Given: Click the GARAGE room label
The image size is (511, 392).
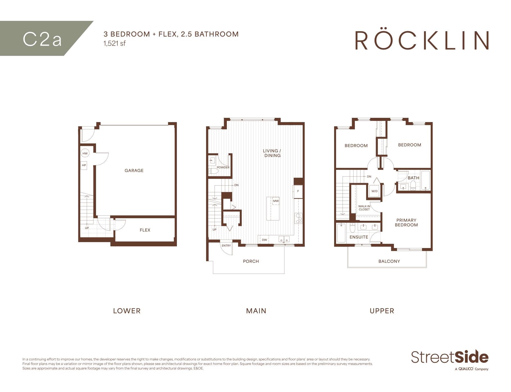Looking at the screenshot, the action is click(x=134, y=170).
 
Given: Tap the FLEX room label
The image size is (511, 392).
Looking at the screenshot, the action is click(x=145, y=230).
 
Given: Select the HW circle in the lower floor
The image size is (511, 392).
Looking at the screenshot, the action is click(x=85, y=154).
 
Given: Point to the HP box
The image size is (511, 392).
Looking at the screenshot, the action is click(x=84, y=165).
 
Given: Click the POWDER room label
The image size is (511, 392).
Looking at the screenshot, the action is click(x=223, y=167).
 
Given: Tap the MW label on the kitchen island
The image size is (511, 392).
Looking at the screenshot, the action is click(x=276, y=201).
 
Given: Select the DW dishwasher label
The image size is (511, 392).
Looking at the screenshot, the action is click(x=264, y=240).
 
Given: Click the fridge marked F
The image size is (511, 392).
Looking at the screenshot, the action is click(x=298, y=191).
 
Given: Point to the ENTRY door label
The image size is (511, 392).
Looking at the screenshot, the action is click(x=226, y=245).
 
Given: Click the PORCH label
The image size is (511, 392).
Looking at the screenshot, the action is click(x=251, y=261).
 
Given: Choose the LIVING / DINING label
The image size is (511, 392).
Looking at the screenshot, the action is click(x=272, y=153).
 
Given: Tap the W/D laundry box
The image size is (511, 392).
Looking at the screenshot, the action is click(x=375, y=191).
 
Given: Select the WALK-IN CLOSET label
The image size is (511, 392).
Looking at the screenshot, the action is click(x=364, y=208).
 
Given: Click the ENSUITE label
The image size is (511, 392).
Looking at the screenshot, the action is click(x=359, y=237).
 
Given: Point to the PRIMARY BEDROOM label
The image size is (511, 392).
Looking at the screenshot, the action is click(x=406, y=222).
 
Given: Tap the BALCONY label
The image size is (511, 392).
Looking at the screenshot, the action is click(x=389, y=261).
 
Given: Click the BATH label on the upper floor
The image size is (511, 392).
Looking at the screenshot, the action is click(x=413, y=178).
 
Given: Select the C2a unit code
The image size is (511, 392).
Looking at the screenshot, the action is click(x=42, y=39).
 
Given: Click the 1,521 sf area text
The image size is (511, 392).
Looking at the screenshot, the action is click(x=115, y=43).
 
